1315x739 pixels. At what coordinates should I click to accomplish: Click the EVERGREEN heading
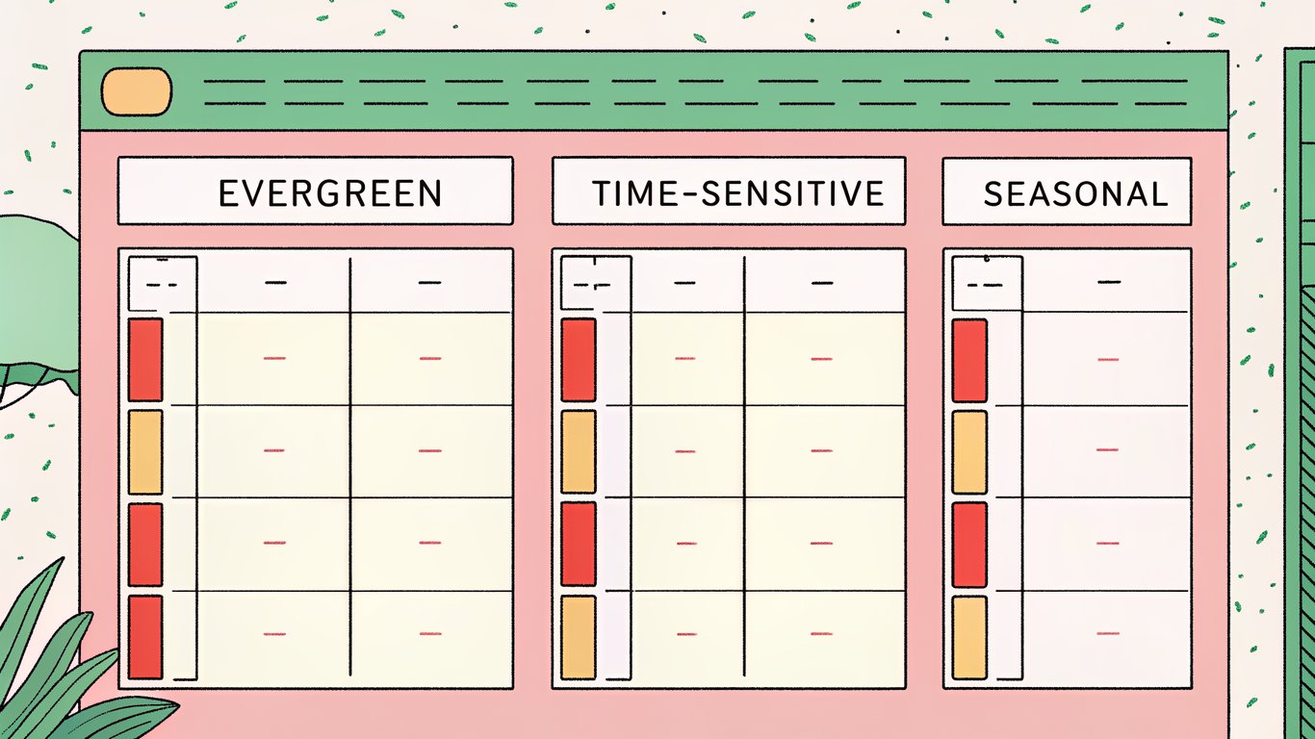coord(329,192)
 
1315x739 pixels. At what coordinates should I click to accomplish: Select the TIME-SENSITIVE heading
coord(737,192)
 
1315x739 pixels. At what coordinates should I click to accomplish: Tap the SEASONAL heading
coord(1074,192)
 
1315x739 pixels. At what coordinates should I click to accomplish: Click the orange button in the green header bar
coord(137,91)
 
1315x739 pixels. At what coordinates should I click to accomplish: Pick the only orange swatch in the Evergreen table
coord(145,451)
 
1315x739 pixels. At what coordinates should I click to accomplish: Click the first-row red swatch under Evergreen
coord(145,360)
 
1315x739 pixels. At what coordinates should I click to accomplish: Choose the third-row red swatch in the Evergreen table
coord(145,544)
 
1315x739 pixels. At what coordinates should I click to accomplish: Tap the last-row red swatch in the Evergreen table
coord(145,636)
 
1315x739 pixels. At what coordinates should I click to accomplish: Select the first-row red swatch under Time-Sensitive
coord(579,360)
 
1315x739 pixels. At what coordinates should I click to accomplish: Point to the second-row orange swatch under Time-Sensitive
coord(579,451)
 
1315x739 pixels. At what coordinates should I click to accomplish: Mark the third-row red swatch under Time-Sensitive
coord(579,544)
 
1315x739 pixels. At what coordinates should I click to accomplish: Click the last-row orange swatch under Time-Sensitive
coord(579,636)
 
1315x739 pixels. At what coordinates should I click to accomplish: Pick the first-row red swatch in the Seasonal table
coord(969,360)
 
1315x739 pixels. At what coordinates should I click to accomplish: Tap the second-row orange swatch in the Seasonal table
coord(969,451)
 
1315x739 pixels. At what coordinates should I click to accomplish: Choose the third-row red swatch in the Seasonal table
coord(969,544)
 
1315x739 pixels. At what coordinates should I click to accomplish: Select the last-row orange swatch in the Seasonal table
coord(969,636)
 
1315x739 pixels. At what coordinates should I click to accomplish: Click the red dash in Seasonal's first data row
coord(1108,360)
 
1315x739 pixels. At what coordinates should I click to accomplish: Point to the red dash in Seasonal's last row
coord(1108,633)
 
